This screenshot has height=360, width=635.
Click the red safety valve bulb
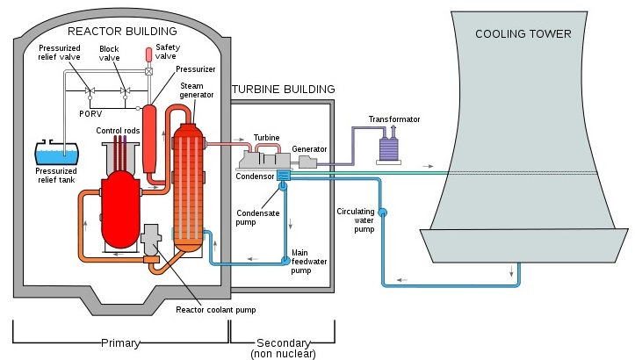coord(148,54)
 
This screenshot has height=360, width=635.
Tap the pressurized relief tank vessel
coord(57,153)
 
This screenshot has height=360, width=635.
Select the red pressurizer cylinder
coord(149,139)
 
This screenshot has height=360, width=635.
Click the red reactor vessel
coord(120,209)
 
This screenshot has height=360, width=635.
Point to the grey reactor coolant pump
coord(151,239)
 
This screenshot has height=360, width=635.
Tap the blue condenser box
coord(284,176)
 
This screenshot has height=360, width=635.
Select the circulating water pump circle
coord(382,212)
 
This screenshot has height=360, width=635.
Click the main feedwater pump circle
coord(285,261)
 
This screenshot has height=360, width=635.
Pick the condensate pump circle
coord(283,186)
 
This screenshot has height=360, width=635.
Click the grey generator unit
coord(307,162)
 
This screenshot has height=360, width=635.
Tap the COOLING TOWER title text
coord(523,33)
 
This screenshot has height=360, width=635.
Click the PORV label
coord(90,114)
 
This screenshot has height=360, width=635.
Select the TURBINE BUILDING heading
coord(284,89)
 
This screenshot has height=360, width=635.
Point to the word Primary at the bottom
coord(120,343)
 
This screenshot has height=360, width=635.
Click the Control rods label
coord(118,131)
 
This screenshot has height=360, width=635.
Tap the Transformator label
coord(394,119)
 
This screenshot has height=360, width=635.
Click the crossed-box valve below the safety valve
coord(148,71)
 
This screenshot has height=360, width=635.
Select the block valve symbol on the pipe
coord(125,91)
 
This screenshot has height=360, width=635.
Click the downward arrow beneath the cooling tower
coord(511,271)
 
